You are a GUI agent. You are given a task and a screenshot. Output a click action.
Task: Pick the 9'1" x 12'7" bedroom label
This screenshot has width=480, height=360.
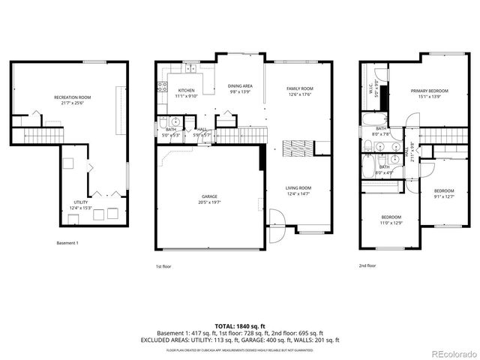pos(444,193)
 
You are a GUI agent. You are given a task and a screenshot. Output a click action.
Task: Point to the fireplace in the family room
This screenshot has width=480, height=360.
pos(292,146)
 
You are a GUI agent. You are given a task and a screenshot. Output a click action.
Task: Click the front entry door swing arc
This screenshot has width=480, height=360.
pos(275,224)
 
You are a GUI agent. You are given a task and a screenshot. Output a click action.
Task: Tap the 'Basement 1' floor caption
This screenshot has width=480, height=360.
pos(67,242)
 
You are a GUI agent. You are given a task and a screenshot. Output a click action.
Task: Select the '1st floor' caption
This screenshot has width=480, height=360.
pos(163,265)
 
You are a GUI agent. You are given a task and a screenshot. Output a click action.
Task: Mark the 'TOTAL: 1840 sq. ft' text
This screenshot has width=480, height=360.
pos(240,325)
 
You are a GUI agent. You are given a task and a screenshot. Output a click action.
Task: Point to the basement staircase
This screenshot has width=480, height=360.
pos(36,136)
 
